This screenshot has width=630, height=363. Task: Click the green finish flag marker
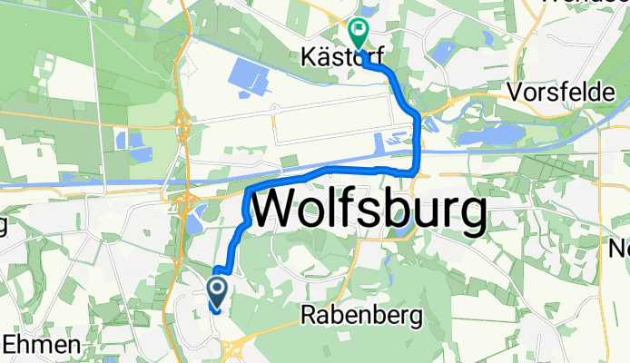359,33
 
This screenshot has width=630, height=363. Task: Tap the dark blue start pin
219,290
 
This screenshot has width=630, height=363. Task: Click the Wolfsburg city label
367,211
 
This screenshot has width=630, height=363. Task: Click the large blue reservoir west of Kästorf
251,77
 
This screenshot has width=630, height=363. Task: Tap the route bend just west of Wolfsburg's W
247,193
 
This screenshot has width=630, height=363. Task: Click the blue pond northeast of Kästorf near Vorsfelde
491,39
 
